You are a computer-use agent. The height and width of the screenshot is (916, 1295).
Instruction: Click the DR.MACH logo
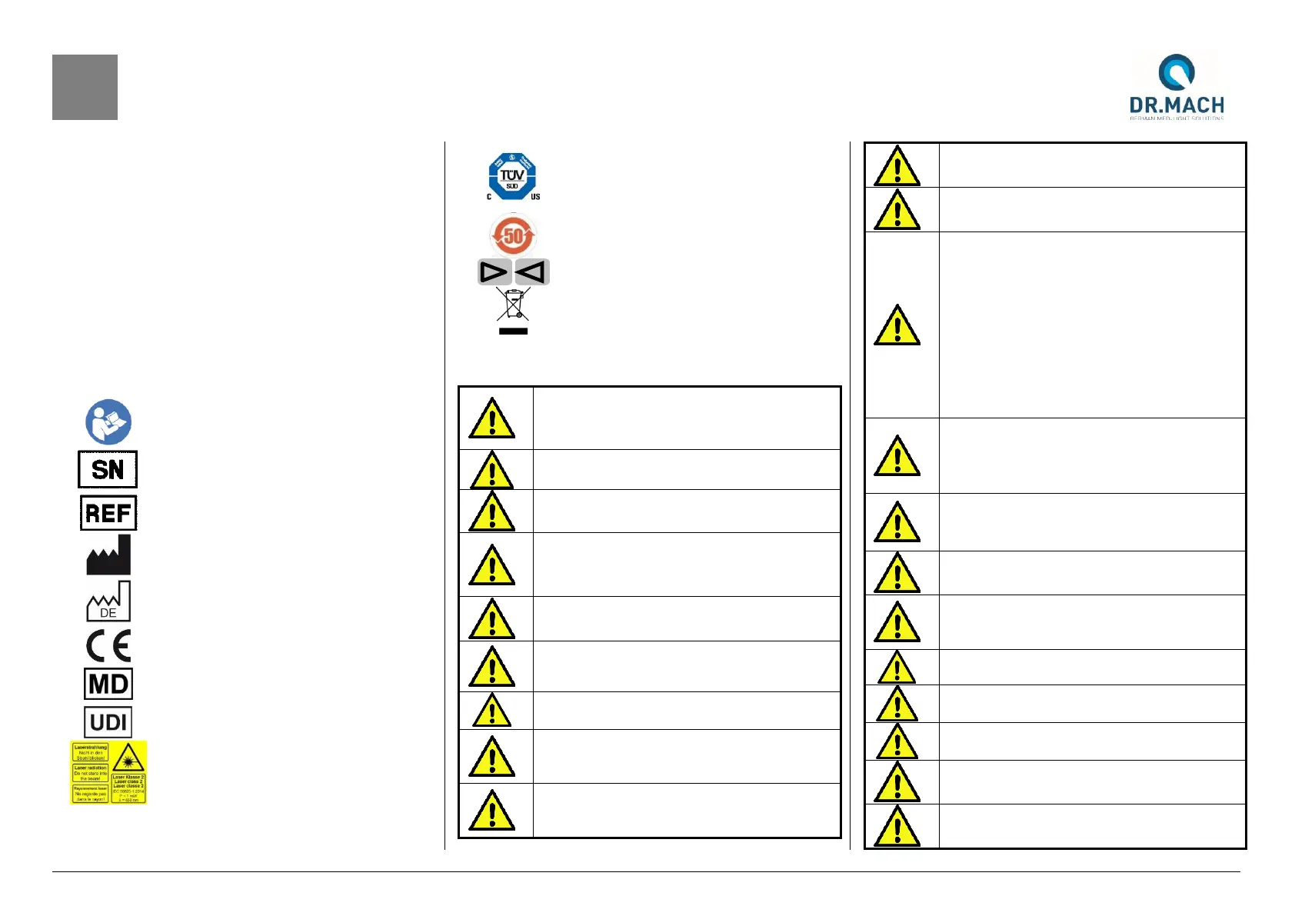pyautogui.click(x=1176, y=86)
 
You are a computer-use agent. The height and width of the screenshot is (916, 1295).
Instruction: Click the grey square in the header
pyautogui.click(x=85, y=87)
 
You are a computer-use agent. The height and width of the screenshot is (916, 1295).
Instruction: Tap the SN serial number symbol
pyautogui.click(x=108, y=469)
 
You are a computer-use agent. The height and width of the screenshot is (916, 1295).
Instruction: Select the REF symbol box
pyautogui.click(x=108, y=513)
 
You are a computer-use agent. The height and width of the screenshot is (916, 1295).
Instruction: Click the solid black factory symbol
pyautogui.click(x=108, y=555)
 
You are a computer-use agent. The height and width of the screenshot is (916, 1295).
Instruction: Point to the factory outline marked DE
pyautogui.click(x=108, y=601)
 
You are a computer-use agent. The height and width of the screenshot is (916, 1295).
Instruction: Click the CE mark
pyautogui.click(x=108, y=645)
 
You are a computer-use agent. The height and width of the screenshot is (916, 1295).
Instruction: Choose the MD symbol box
pyautogui.click(x=108, y=684)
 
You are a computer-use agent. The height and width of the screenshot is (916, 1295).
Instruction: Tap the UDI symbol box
pyautogui.click(x=108, y=722)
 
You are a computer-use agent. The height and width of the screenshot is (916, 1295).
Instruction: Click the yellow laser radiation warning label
pyautogui.click(x=108, y=773)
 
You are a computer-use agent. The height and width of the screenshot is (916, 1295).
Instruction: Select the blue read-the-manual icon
pyautogui.click(x=108, y=421)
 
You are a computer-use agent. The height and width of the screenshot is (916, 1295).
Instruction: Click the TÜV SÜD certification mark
pyautogui.click(x=513, y=177)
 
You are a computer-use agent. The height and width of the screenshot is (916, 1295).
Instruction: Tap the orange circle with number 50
pyautogui.click(x=513, y=235)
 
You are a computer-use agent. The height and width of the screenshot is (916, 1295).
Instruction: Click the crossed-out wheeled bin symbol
pyautogui.click(x=513, y=305)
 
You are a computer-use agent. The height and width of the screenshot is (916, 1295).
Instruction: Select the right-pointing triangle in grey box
pyautogui.click(x=494, y=271)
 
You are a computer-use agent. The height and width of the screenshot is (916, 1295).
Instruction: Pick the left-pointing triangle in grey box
pyautogui.click(x=531, y=271)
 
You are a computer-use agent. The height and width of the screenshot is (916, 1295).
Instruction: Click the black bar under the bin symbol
pyautogui.click(x=513, y=331)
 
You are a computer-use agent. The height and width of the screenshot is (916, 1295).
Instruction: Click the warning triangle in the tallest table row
pyautogui.click(x=897, y=326)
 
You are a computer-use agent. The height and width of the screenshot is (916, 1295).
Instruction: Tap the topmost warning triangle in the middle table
pyautogui.click(x=491, y=419)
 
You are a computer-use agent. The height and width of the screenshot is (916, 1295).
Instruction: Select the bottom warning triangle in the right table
pyautogui.click(x=897, y=828)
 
